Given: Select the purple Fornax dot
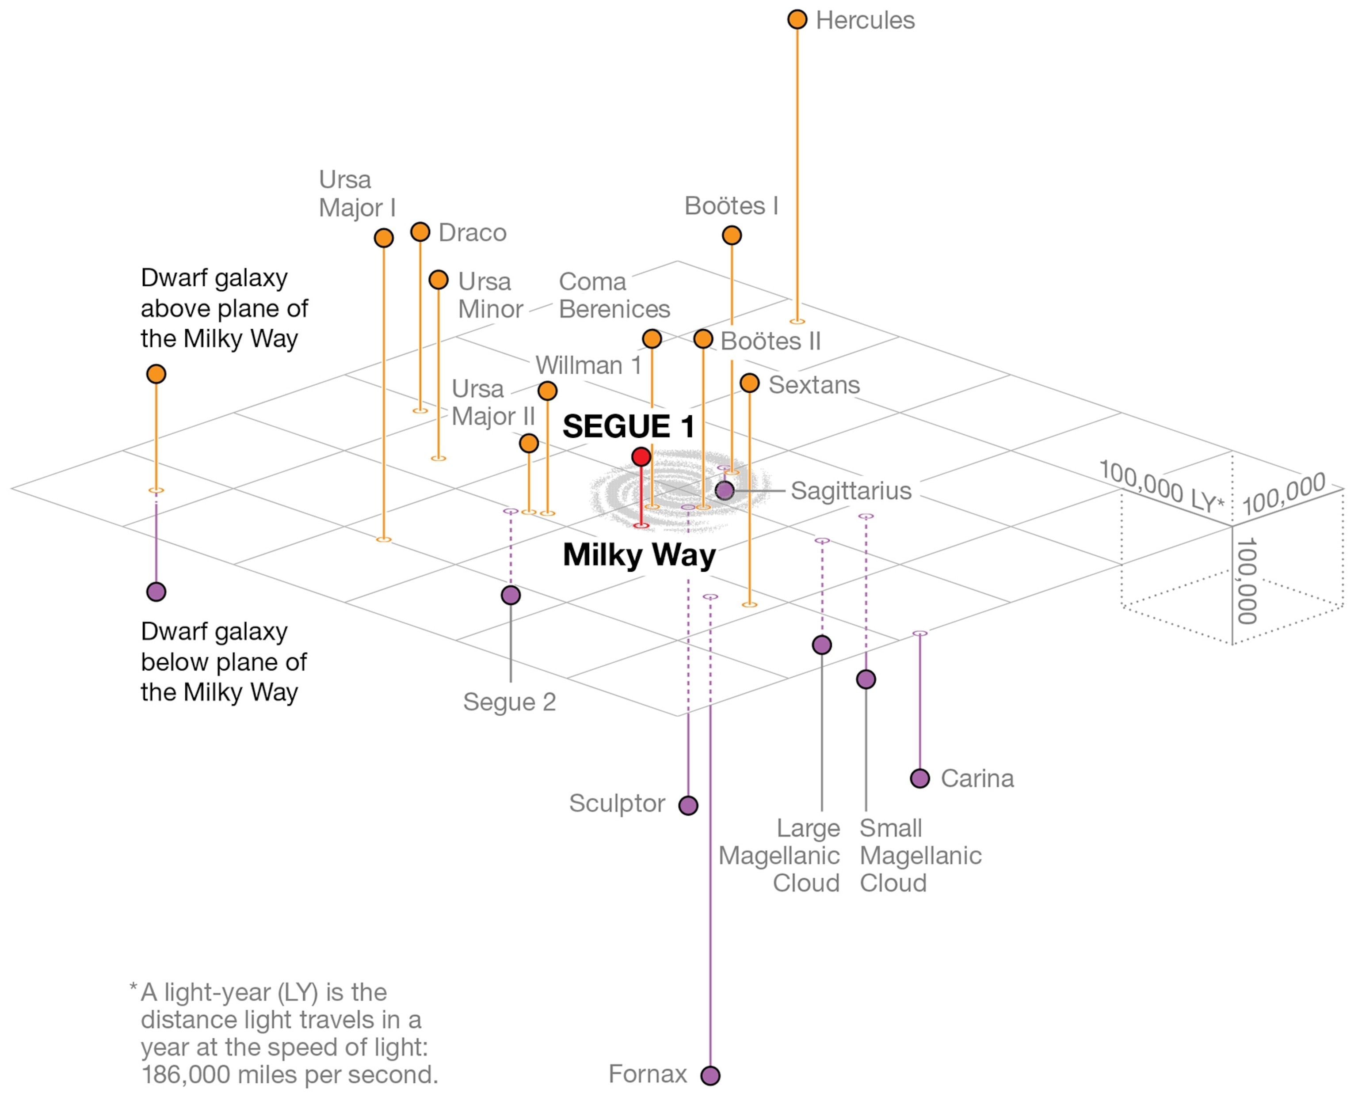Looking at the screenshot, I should [710, 1075].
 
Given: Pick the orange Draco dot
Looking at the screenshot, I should [420, 232].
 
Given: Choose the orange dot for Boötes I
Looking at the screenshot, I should [731, 235].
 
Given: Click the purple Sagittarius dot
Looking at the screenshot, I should [725, 490].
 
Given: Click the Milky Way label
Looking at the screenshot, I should [639, 555].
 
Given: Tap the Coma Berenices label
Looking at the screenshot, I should [614, 295].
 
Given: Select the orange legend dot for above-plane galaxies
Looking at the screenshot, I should [156, 374].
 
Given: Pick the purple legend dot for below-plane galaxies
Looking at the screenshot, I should [156, 592].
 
